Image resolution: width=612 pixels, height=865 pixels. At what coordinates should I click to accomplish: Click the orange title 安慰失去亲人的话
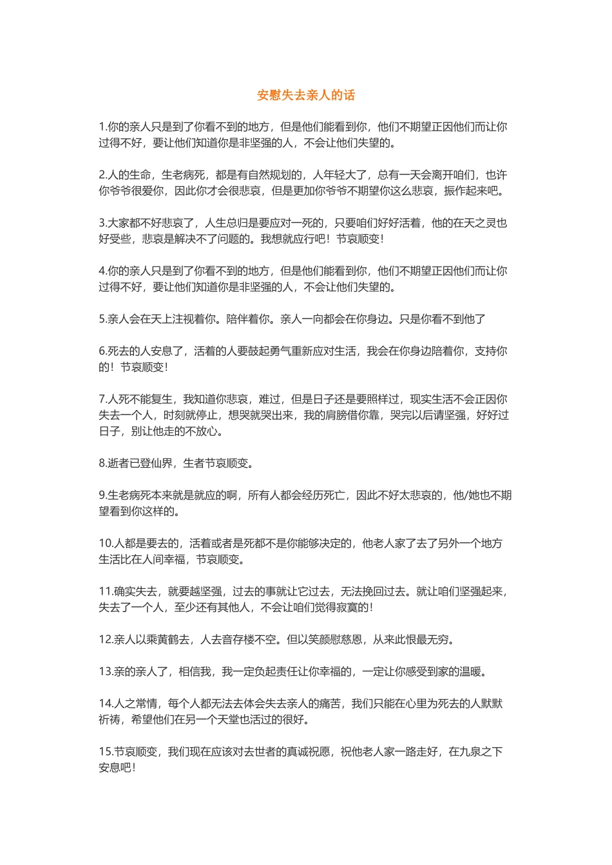[306, 95]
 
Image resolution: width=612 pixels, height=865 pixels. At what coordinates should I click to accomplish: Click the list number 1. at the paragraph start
[102, 127]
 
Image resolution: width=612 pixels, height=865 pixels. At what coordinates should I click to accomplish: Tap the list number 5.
[102, 319]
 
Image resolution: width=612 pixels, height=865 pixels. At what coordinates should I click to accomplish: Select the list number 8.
[102, 463]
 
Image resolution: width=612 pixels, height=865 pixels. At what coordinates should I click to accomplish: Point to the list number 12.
[106, 640]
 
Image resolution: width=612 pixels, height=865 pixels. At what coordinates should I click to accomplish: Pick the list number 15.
[106, 752]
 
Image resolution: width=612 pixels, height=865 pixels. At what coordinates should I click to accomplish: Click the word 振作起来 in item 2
[467, 191]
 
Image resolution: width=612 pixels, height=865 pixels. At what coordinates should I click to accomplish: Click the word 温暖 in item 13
[470, 672]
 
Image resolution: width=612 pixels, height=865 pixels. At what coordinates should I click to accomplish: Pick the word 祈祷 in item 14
[110, 720]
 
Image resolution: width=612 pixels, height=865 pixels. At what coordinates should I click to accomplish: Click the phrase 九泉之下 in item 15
[481, 752]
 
